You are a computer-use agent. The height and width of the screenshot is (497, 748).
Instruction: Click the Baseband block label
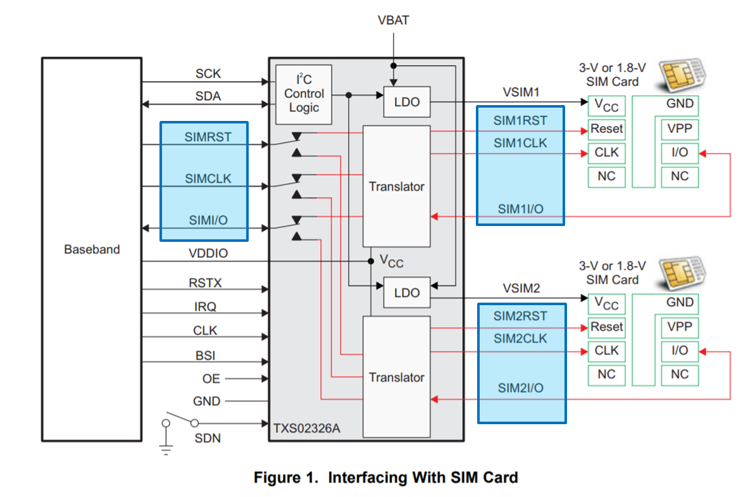coord(92,249)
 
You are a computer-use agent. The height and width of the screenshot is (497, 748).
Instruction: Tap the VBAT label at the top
coord(393,20)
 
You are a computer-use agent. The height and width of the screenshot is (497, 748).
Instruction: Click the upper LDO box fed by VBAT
coord(406,102)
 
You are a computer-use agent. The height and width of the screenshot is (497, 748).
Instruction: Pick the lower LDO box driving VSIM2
coord(406,293)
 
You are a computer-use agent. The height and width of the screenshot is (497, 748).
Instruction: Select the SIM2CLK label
coord(520,339)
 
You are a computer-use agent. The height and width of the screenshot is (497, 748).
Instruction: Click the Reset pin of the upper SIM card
coord(606,129)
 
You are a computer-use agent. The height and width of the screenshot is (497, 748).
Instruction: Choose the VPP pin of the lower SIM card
coord(680,327)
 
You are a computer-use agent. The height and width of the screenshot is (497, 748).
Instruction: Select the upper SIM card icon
coord(683,75)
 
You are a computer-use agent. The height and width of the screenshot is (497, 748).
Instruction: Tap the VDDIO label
coord(208,253)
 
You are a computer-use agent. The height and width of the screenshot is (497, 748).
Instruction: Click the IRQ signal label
coord(205,307)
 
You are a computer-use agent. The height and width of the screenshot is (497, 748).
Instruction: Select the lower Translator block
coord(396,377)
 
